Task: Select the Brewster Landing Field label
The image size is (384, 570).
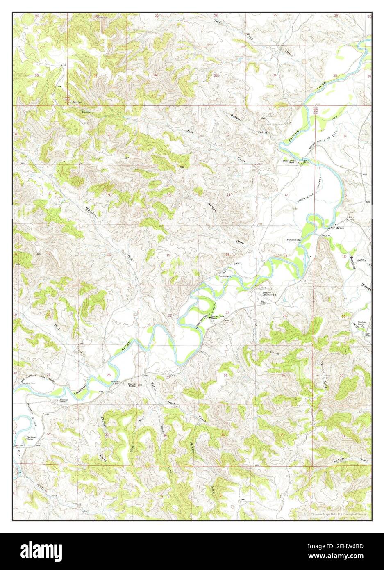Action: (x=269, y=294)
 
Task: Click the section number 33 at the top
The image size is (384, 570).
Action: (x=216, y=75)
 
